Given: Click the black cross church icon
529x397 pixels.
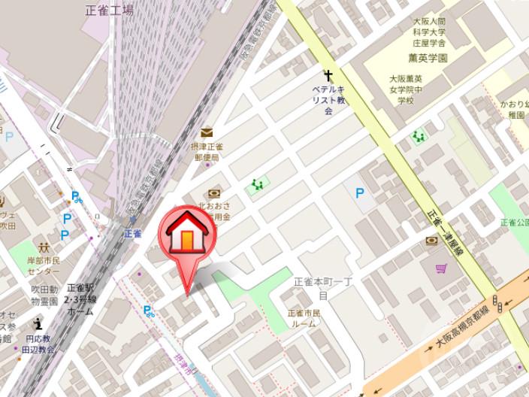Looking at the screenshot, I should pyautogui.click(x=328, y=75).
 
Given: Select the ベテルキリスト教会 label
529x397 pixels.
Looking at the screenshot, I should pyautogui.click(x=328, y=99).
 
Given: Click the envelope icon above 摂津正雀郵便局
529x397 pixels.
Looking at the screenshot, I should pyautogui.click(x=206, y=132).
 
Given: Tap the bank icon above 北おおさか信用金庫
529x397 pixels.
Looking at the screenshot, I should pyautogui.click(x=215, y=193).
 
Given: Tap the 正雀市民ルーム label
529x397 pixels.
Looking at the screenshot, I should pyautogui.click(x=304, y=318).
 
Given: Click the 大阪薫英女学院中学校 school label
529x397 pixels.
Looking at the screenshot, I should pyautogui.click(x=406, y=89).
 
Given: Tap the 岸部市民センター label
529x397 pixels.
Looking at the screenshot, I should pyautogui.click(x=44, y=265).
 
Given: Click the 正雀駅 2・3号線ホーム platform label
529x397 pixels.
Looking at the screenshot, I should pyautogui.click(x=80, y=299).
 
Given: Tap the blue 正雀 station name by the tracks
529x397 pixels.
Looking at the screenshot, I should pyautogui.click(x=134, y=233).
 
